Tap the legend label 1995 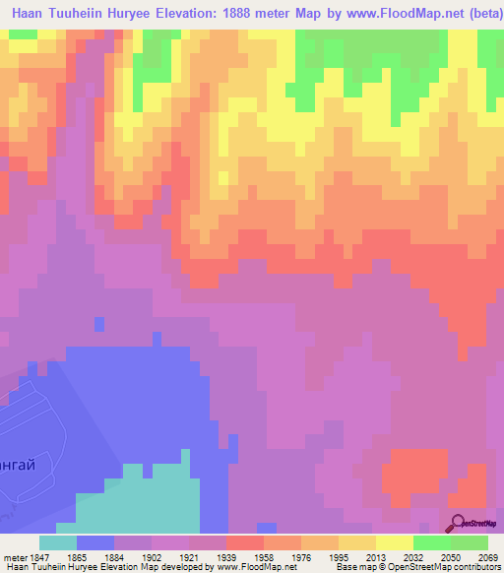338,556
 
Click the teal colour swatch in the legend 58,542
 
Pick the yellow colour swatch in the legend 395,542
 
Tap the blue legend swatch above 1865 95,542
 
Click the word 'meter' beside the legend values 13,556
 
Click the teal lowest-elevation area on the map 138,502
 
